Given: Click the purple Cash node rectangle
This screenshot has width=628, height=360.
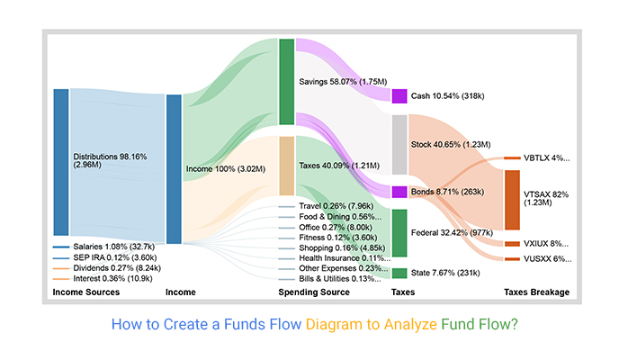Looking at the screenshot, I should (x=399, y=95).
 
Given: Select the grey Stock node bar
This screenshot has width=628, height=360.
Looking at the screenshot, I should (x=399, y=144).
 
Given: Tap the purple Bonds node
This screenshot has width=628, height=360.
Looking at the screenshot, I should (x=399, y=192).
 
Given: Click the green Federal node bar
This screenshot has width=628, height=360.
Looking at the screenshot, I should (x=399, y=233).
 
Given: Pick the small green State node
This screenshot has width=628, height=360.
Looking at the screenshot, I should (x=399, y=273).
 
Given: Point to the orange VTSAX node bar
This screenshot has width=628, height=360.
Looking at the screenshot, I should (x=512, y=199).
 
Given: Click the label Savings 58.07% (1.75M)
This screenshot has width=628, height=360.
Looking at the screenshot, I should (x=343, y=81).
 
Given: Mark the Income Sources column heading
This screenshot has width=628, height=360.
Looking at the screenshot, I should (x=86, y=293).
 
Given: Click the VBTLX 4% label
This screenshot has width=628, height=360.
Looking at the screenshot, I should (x=547, y=158).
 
